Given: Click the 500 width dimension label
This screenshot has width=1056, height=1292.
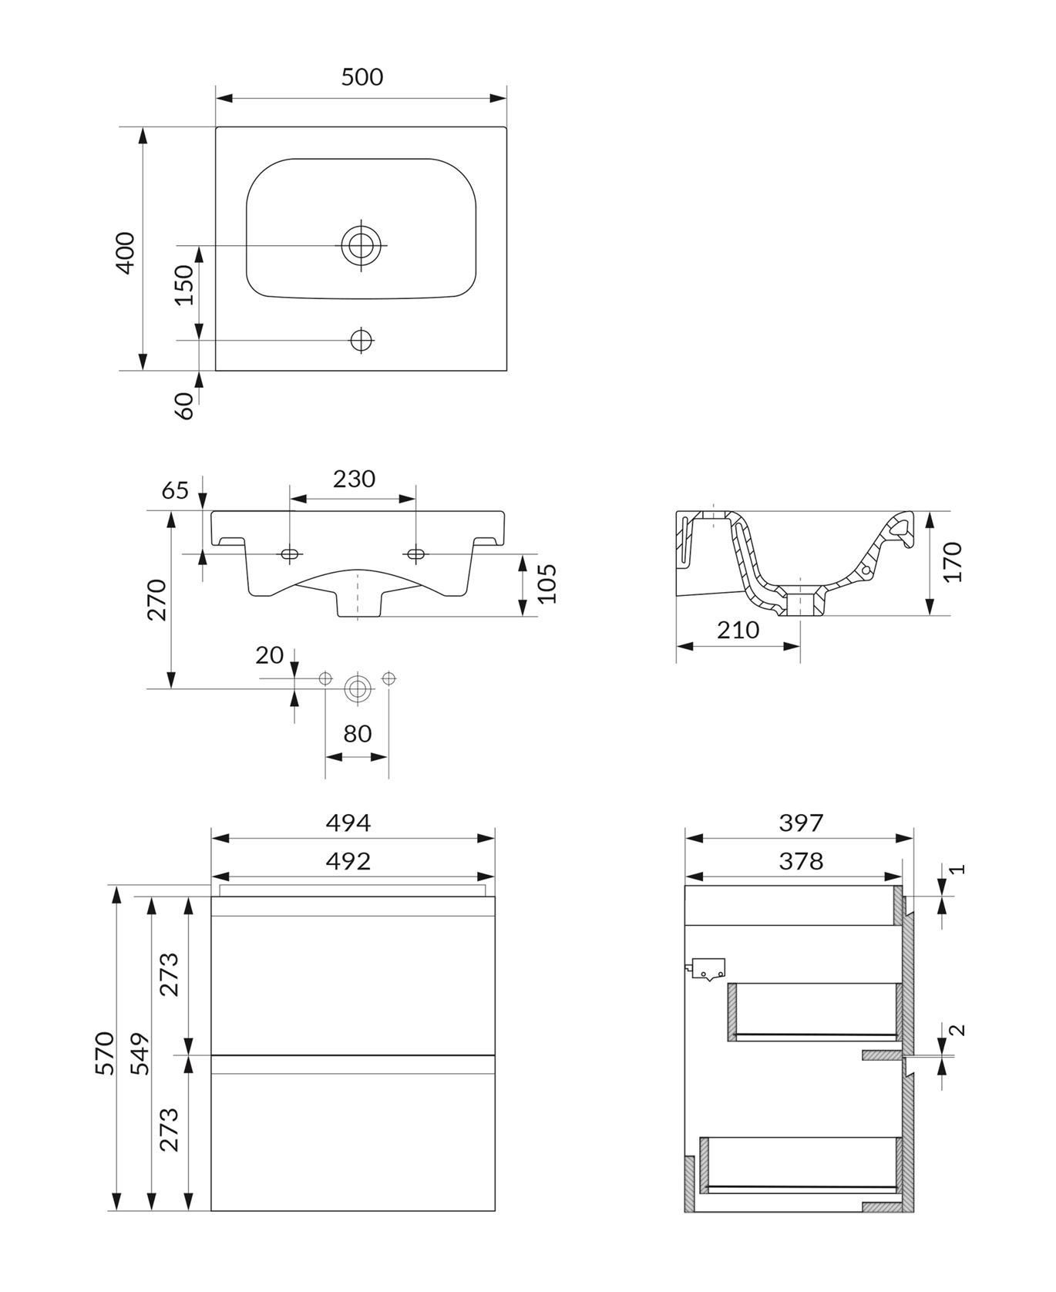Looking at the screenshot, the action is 362,76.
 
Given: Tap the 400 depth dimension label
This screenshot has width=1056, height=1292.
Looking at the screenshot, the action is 124,252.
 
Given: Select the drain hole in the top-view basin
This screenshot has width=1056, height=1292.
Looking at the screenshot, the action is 361,245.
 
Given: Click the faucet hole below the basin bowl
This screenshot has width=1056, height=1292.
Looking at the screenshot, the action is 362,339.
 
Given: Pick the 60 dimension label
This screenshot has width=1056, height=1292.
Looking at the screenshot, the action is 184,405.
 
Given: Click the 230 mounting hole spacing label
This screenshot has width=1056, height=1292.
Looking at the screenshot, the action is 354,479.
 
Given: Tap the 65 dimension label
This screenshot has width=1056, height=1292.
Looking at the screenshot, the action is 176,490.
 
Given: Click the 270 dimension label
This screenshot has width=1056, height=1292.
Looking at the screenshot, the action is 156,599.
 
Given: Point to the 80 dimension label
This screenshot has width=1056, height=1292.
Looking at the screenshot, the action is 358,733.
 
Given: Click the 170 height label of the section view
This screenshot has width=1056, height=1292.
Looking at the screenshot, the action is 952,561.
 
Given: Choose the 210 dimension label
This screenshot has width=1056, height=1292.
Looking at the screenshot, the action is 738,630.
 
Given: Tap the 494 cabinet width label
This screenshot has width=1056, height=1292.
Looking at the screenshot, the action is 348,823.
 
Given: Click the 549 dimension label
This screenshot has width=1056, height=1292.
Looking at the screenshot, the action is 140,1053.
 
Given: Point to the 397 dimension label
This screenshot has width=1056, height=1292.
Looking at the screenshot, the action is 802,823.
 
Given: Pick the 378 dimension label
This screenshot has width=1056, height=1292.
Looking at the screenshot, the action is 802,860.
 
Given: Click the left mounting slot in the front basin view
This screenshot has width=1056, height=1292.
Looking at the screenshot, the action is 291,554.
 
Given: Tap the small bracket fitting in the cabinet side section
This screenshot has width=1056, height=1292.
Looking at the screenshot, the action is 707,970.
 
